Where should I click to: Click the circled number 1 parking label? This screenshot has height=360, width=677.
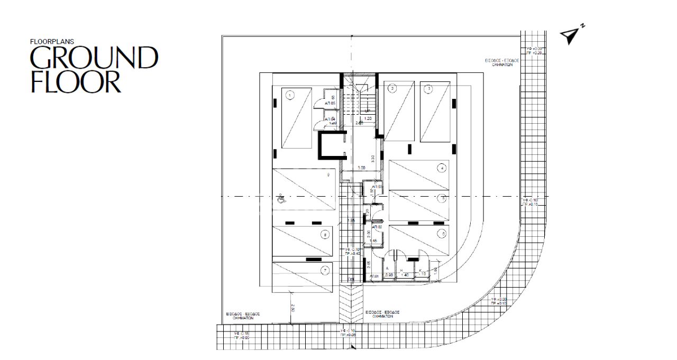click(x=289, y=96)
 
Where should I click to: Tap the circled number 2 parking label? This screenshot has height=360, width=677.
click(x=392, y=89)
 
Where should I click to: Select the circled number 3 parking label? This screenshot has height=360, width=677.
click(x=429, y=89)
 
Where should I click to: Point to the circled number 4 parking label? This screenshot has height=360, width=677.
click(x=441, y=169)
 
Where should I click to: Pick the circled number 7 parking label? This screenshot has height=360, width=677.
click(x=325, y=271)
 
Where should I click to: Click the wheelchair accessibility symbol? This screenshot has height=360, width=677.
click(x=281, y=198)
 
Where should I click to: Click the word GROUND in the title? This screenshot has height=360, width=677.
click(x=94, y=58)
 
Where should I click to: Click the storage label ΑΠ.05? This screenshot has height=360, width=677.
click(x=330, y=104)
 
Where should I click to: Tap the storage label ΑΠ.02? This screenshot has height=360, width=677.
click(x=377, y=227)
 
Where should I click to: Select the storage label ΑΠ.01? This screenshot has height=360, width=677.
click(x=374, y=276)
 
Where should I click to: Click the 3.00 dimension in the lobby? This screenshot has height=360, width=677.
click(x=361, y=168)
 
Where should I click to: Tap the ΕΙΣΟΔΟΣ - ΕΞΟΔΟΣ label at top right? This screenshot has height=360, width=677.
click(x=502, y=61)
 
